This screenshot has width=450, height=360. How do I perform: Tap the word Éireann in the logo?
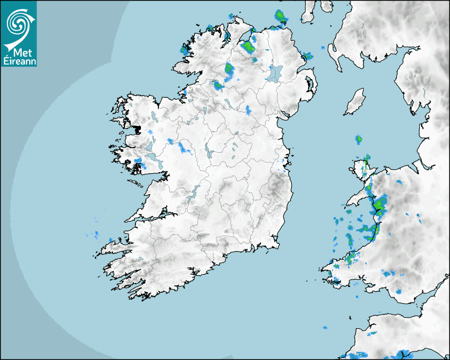pos(19,61)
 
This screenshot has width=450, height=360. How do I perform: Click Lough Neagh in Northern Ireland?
pos(274,73)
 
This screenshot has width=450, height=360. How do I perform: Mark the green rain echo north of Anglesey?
pos(358,140)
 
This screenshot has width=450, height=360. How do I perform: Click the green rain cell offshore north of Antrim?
pos(280,17)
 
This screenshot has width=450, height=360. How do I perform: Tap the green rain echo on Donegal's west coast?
pos(184,50)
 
